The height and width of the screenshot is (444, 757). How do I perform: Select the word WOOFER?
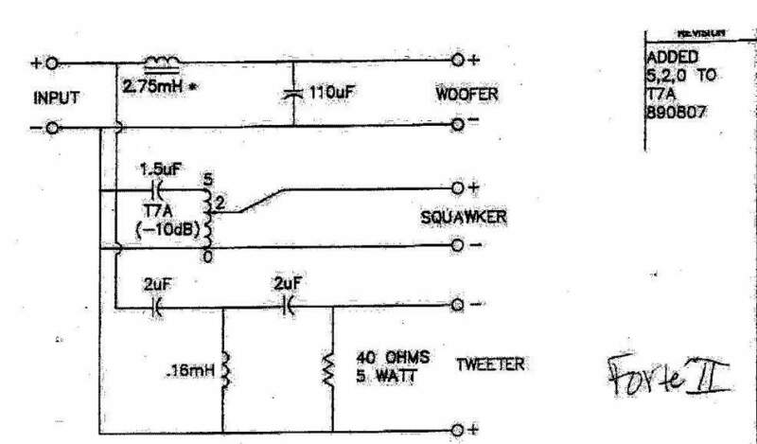pos(467,97)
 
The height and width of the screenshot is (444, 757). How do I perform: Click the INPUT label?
pos(55,98)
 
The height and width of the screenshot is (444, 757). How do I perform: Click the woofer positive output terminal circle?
pos(457,61)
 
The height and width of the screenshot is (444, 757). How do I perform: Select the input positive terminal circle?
pos(52,63)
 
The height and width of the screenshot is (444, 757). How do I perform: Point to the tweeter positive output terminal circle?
pos(457,429)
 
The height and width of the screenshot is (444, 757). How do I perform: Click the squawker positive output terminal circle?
pos(457,186)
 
